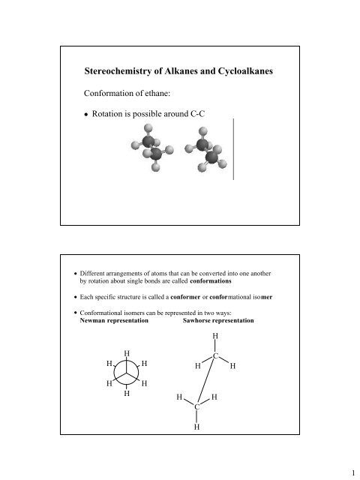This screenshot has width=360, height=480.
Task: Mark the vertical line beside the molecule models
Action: click(x=233, y=150)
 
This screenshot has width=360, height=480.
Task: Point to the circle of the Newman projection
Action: click(x=127, y=373)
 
